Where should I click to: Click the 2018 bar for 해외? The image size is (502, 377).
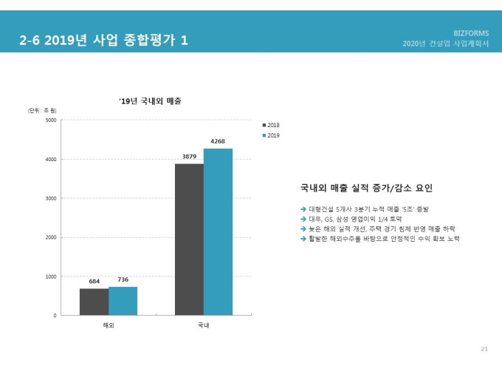94,302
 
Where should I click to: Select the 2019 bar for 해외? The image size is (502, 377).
123,301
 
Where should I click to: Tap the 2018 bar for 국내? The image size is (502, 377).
189,240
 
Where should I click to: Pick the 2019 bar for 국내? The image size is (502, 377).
218,232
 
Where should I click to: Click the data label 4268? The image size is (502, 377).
218,141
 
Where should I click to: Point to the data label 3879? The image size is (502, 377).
189,157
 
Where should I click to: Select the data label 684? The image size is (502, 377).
94,282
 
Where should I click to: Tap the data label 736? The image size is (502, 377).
123,279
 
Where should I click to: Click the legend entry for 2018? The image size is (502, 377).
271,125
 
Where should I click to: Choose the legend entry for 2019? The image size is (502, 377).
271,135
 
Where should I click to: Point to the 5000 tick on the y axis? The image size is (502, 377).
50,120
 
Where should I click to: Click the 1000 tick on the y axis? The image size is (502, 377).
50,276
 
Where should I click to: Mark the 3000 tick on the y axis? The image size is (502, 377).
50,198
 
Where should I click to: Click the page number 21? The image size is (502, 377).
484,348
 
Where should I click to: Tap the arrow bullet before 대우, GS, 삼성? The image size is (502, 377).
303,220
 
